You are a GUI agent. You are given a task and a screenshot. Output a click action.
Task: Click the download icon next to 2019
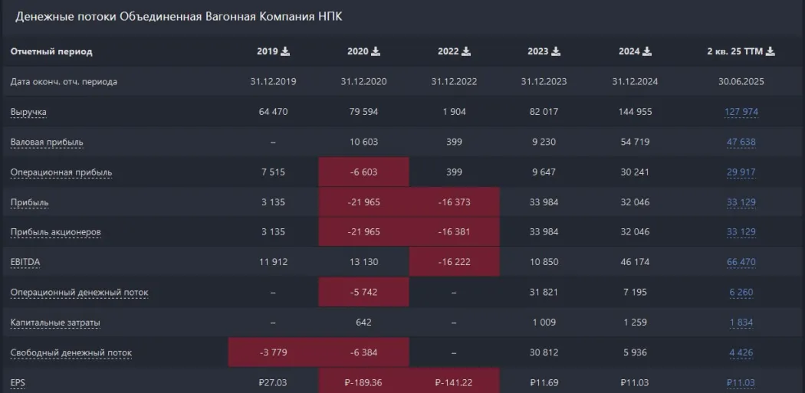pyautogui.click(x=286, y=52)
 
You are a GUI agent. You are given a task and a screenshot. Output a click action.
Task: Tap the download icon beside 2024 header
pyautogui.click(x=646, y=52)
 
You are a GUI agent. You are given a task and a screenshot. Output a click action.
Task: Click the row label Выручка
pyautogui.click(x=28, y=113)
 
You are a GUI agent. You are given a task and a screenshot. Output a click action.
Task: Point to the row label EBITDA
pyautogui.click(x=25, y=262)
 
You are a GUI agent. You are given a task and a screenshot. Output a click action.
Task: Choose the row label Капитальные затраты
pyautogui.click(x=55, y=323)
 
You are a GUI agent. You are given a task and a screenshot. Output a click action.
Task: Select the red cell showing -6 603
pyautogui.click(x=363, y=172)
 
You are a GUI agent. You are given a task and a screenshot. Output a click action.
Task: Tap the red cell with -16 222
pyautogui.click(x=454, y=262)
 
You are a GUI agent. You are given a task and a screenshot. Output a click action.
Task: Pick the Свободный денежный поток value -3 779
pyautogui.click(x=273, y=352)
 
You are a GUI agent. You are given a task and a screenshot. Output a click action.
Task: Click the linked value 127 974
pyautogui.click(x=741, y=113)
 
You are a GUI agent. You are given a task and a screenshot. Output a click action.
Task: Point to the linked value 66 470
pyautogui.click(x=741, y=262)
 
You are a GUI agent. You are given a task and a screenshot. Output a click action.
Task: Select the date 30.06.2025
pyautogui.click(x=741, y=82)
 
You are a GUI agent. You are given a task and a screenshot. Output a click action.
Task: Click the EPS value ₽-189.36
pyautogui.click(x=363, y=382)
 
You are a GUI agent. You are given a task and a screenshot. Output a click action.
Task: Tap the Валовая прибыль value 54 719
pyautogui.click(x=635, y=142)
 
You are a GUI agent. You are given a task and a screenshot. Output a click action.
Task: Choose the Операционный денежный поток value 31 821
pyautogui.click(x=544, y=292)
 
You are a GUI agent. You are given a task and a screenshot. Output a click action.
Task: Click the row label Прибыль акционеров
pyautogui.click(x=55, y=232)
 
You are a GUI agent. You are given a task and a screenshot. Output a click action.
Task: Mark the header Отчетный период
pyautogui.click(x=51, y=52)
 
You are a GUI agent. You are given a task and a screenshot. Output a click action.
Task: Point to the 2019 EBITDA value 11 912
pyautogui.click(x=273, y=262)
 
